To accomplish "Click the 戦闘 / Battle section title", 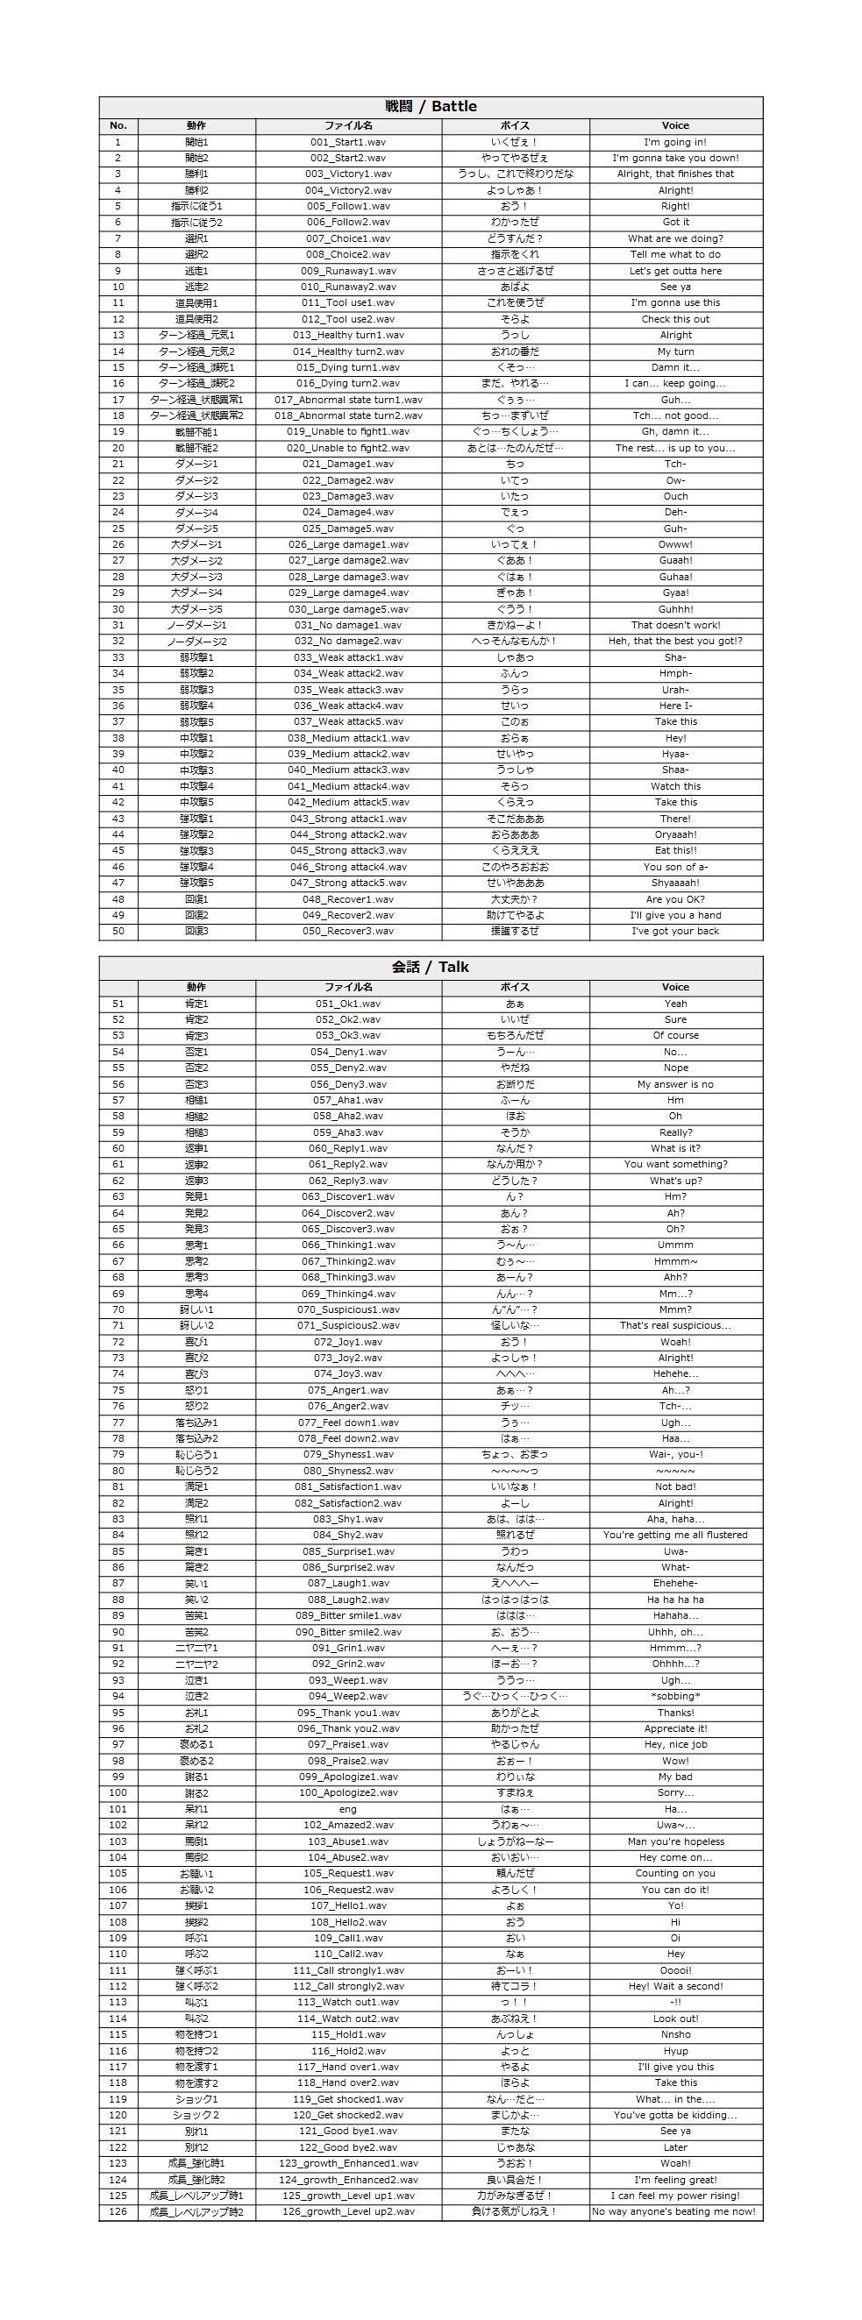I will [431, 106].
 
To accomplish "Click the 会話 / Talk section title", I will [431, 968].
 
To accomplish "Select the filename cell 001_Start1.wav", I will [347, 142].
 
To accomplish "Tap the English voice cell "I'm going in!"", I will [674, 142].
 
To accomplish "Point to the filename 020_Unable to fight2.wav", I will [347, 448].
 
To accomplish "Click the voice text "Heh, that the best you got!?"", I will [674, 642].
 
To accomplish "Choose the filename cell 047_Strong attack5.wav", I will [347, 883].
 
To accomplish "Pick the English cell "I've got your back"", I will [674, 931].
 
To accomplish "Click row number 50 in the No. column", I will [118, 931].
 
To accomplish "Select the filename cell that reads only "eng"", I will [347, 1809].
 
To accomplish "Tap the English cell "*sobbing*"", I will [674, 1697].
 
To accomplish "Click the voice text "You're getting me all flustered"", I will [674, 1536].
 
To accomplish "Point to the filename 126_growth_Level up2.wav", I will [347, 2212].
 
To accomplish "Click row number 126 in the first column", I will [118, 2212].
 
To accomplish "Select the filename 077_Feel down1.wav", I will [347, 1423].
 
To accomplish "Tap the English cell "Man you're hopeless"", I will [674, 1841].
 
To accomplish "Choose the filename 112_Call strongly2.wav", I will [347, 1987].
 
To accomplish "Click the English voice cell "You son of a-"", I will [674, 867].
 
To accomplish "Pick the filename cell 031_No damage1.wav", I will [347, 625].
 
